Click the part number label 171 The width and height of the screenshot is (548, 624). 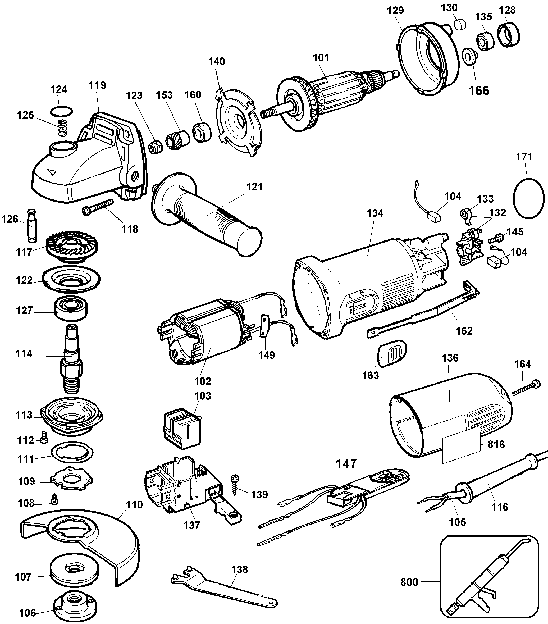click(524, 157)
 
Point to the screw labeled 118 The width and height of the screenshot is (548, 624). click(98, 207)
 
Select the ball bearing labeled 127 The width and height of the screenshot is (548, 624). click(71, 309)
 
